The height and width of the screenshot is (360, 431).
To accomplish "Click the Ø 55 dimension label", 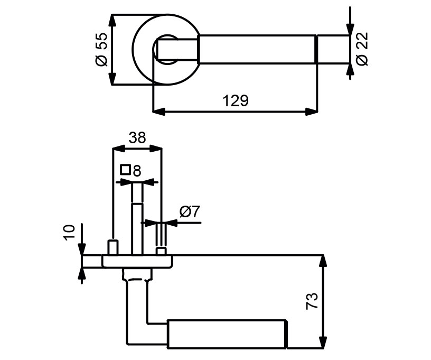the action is coord(101,50).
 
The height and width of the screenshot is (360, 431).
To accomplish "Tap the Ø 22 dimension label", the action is coord(362,49).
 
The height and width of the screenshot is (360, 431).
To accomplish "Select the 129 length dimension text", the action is coord(236,100).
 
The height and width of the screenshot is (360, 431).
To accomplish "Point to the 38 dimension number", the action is coord(137,137).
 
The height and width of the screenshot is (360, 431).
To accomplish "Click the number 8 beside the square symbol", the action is coord(137,171).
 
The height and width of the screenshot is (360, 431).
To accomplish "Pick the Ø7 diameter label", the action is coord(190,212).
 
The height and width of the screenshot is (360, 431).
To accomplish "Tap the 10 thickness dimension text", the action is coord(69,233).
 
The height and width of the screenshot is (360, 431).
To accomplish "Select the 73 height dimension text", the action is coord(312,301).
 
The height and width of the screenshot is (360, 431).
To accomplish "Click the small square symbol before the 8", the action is coord(125,169).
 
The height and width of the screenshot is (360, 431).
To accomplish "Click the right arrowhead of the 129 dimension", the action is coord(312,112).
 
